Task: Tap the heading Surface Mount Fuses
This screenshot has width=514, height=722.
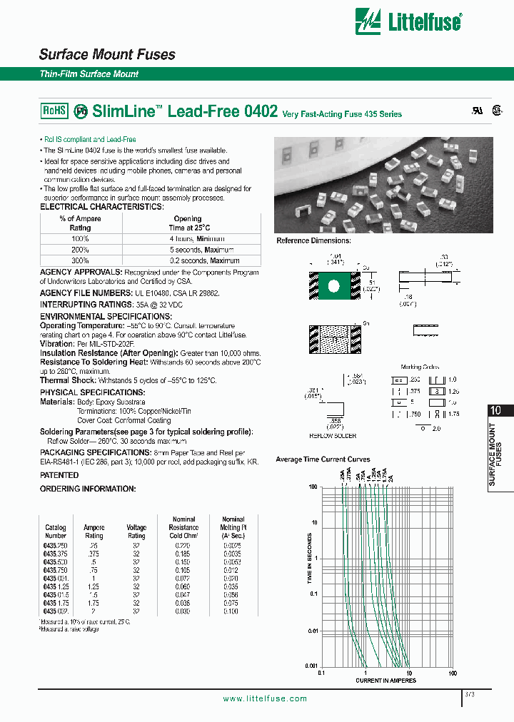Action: tap(107, 55)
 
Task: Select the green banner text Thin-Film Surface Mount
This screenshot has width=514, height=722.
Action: tap(89, 74)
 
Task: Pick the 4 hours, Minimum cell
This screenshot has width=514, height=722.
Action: tap(197, 239)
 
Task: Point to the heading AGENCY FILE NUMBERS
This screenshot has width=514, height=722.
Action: tap(85, 293)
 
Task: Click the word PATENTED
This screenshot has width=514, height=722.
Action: tap(59, 475)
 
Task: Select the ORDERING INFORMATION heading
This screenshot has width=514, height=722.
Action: tap(87, 489)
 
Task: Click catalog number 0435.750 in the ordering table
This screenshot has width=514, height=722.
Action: tap(56, 571)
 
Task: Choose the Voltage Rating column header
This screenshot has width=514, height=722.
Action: tap(136, 532)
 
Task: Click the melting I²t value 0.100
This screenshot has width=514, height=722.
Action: tap(233, 611)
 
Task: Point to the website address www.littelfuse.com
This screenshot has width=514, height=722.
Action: tap(265, 698)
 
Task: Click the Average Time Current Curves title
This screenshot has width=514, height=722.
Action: tap(323, 459)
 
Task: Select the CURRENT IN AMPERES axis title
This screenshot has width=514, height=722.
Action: tap(386, 681)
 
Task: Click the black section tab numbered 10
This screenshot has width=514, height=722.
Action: tap(497, 410)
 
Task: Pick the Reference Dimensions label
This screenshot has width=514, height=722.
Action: tap(311, 241)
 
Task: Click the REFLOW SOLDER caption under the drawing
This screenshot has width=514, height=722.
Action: tap(333, 435)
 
